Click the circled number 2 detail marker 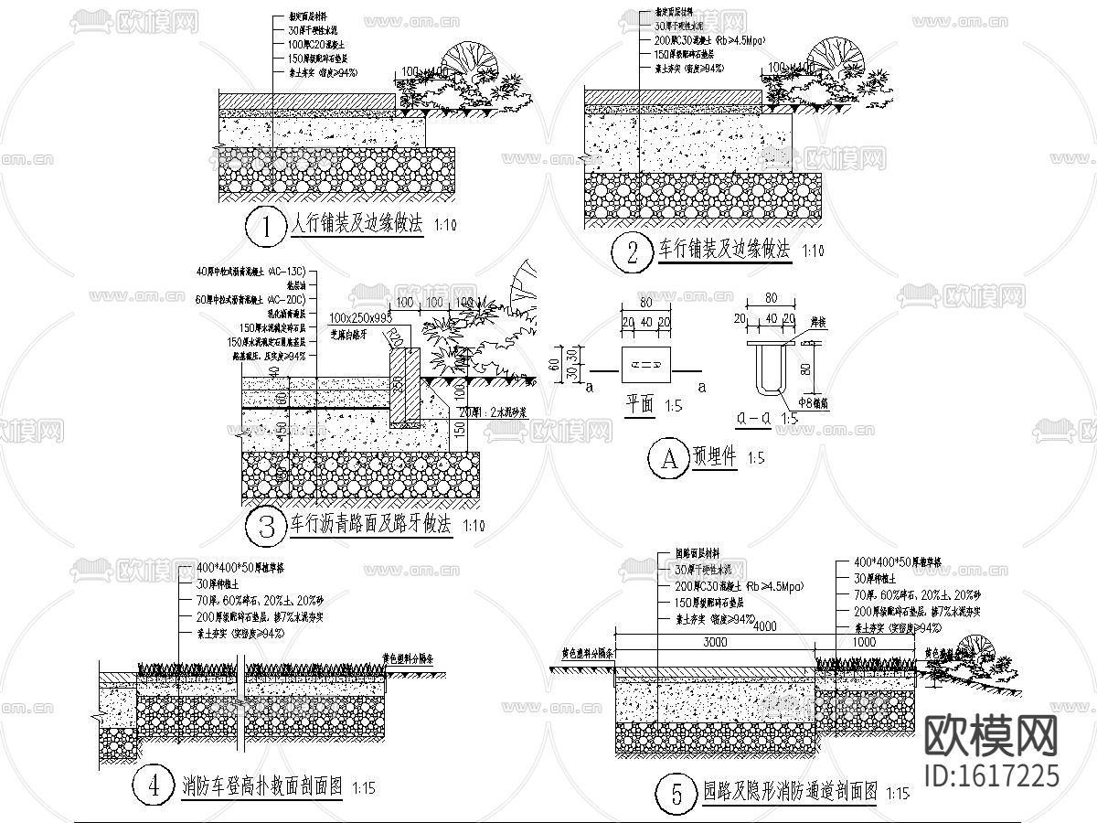coord(632,252)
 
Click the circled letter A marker coord(667,459)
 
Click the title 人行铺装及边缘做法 coord(357,225)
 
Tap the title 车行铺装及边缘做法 coord(724,250)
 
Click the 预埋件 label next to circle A coord(715,456)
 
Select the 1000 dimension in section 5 coord(863,642)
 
